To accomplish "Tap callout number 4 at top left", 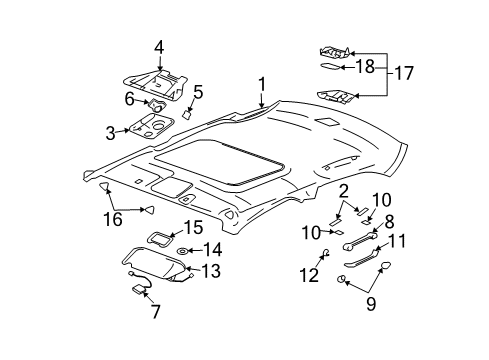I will point(158,46).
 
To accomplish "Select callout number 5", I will point(198,92).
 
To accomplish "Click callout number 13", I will point(211,270).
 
